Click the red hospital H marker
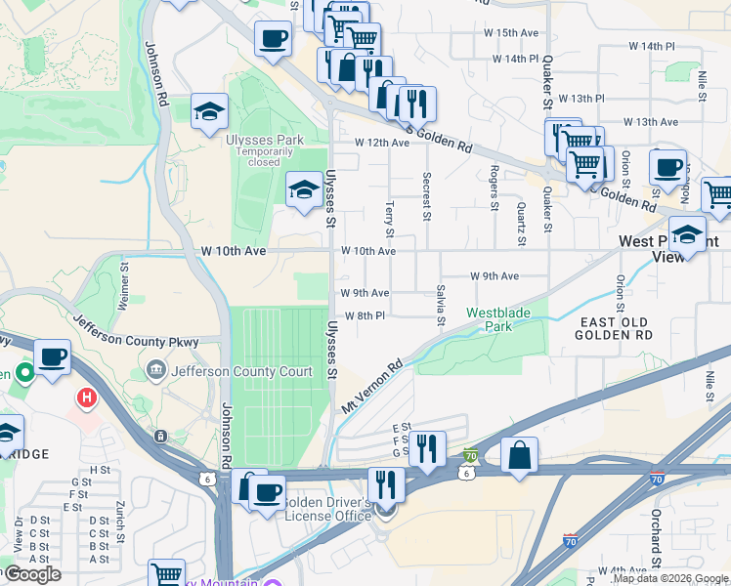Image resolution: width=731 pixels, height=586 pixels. [x=87, y=398]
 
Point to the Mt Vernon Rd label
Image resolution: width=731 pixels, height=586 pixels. [x=372, y=387]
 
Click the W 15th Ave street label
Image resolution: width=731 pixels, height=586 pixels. [x=512, y=32]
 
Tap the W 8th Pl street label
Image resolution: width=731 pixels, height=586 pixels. [x=364, y=315]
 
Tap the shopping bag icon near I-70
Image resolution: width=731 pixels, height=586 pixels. [x=519, y=455]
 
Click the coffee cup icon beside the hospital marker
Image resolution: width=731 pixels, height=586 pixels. [x=53, y=356]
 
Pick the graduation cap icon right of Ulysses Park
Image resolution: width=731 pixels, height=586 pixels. [x=304, y=189]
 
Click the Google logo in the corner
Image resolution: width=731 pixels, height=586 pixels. [x=31, y=574]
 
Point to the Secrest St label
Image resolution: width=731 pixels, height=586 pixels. [x=426, y=197]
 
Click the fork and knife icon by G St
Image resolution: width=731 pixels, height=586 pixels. [x=426, y=449]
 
